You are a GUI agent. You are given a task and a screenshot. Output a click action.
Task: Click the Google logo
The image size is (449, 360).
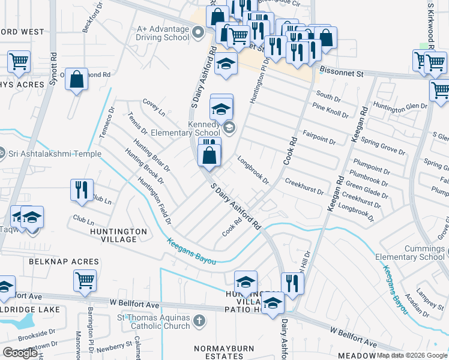(20, 353)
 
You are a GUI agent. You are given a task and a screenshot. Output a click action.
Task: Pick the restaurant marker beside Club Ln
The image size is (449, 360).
(80, 190)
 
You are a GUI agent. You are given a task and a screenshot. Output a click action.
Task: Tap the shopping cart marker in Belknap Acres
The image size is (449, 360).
(85, 280)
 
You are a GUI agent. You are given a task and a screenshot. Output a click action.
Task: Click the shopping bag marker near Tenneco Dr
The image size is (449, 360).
(77, 80)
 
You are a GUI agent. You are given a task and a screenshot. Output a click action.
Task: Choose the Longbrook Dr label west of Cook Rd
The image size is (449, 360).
(253, 170)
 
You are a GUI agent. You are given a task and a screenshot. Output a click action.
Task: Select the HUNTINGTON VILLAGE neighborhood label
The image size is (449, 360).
(118, 235)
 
